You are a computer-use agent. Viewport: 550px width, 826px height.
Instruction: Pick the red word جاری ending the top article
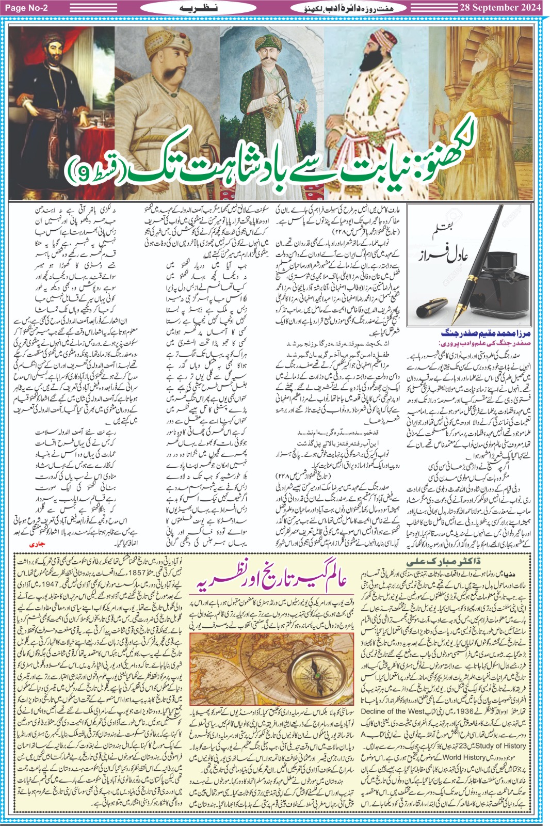pyautogui.click(x=35, y=544)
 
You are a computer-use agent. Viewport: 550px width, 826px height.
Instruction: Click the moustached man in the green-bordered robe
pyautogui.click(x=269, y=77)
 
